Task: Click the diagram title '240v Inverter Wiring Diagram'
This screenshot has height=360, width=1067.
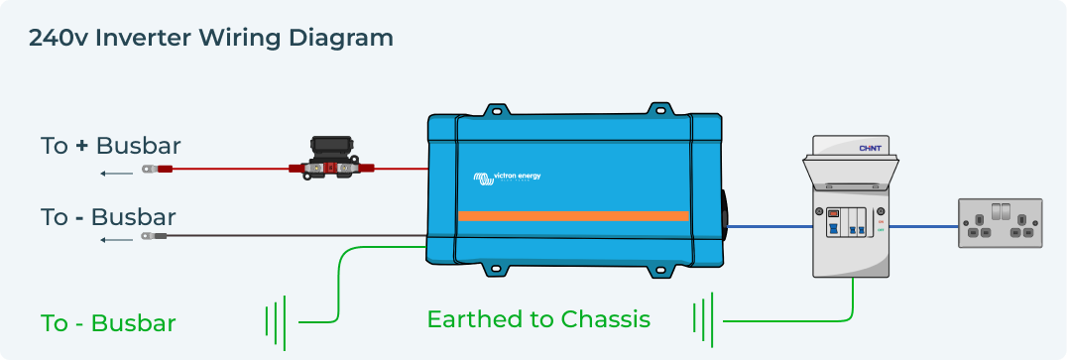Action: (x=211, y=39)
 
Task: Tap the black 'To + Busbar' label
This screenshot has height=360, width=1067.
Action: (x=110, y=146)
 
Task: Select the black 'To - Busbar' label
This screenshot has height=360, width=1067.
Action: (x=108, y=216)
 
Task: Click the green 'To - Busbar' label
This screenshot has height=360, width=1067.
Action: (x=108, y=323)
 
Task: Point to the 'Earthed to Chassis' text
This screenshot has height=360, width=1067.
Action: (x=538, y=319)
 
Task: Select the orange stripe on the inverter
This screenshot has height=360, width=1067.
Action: (x=573, y=215)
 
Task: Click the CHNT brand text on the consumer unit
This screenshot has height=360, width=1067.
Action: (x=870, y=149)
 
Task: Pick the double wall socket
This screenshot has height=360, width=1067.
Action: (x=1000, y=223)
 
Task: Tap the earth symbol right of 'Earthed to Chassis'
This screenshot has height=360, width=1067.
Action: (x=703, y=319)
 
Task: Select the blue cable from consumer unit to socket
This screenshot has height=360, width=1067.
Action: (x=923, y=225)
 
